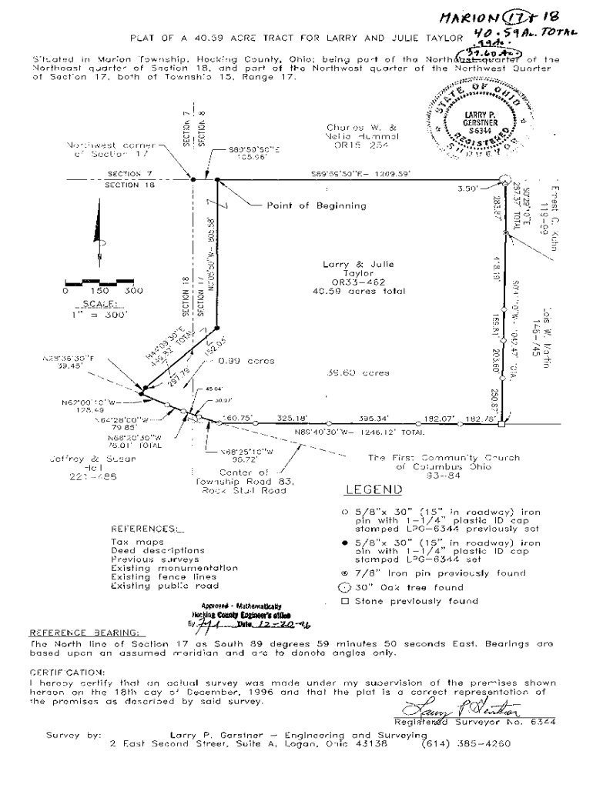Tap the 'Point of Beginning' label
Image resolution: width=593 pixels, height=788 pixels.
click(x=317, y=205)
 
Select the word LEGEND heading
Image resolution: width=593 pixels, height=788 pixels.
click(x=373, y=489)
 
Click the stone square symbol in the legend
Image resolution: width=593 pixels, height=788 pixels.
click(x=345, y=601)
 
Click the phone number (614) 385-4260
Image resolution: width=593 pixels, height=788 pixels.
click(x=465, y=744)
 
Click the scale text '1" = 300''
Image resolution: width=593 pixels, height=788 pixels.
click(x=97, y=313)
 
